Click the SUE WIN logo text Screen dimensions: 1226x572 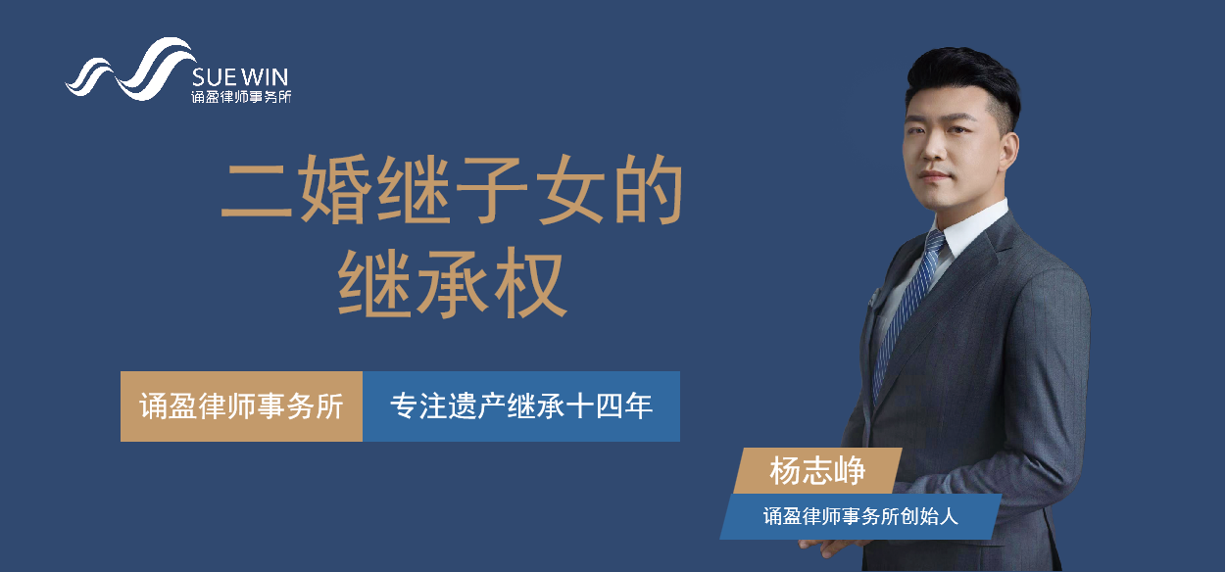coord(240,76)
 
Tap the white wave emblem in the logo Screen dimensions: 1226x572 coord(130,70)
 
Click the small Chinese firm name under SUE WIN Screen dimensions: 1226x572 coord(241,97)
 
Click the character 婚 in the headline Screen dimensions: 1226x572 coord(334,189)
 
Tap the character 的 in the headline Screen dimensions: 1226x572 coord(649,189)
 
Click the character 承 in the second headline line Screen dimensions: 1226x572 coord(452,283)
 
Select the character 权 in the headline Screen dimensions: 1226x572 coord(531,283)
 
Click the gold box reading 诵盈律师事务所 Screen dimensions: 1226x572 coord(241,406)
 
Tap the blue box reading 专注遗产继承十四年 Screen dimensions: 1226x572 coord(521,406)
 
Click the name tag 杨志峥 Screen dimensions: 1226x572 coord(817,471)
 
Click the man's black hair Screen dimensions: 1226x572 coord(962,82)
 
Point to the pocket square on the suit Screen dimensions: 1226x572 coord(873,297)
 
